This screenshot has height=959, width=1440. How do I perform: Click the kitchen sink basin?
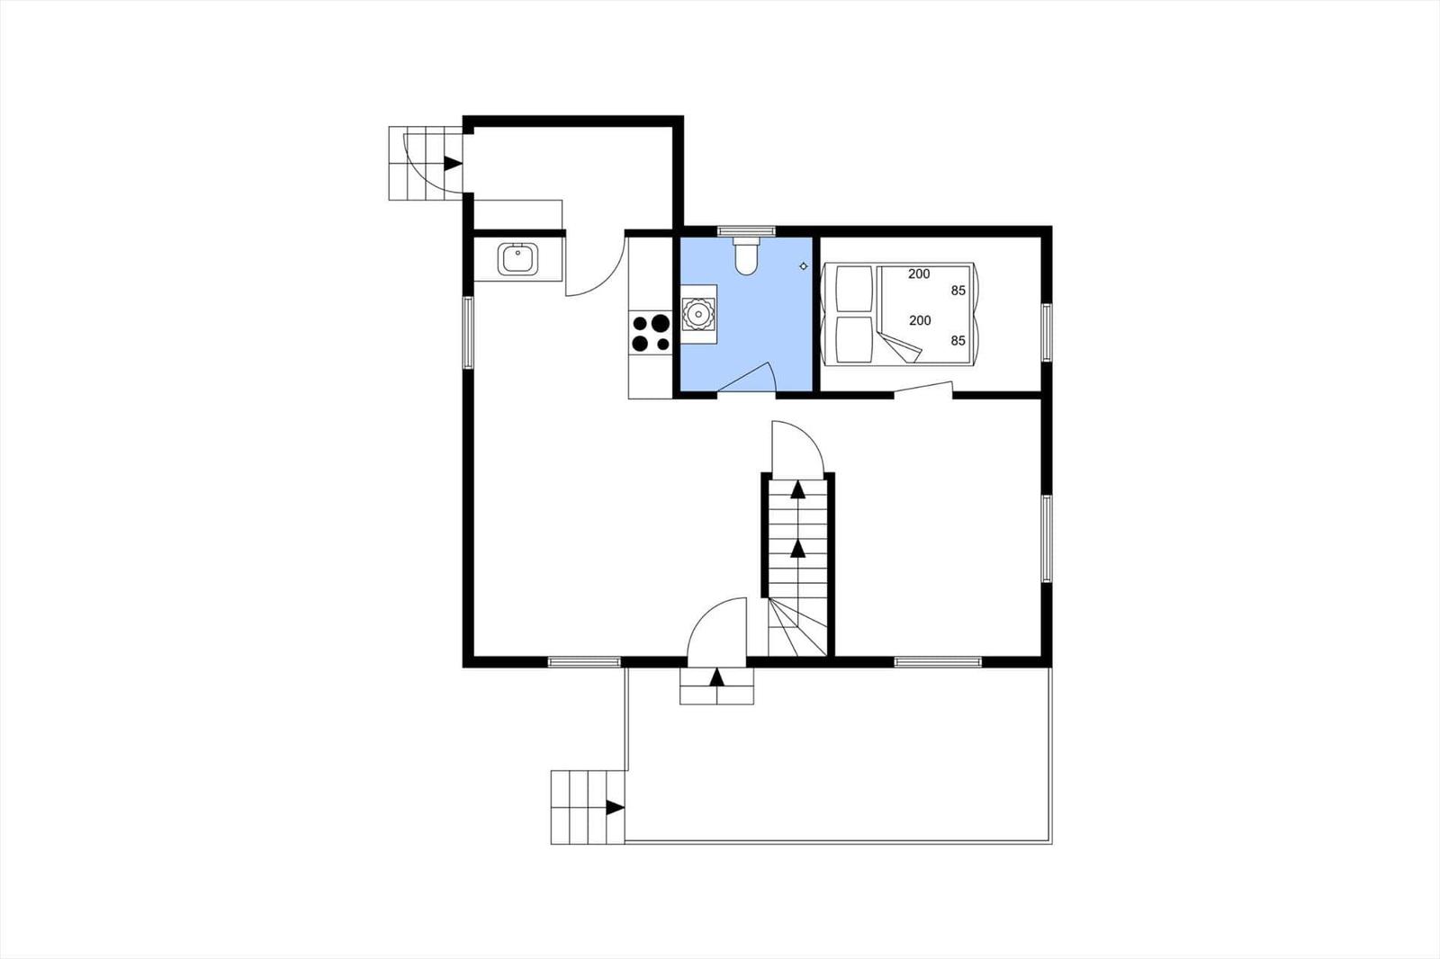[517, 259]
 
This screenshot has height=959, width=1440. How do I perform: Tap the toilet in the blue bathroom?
[746, 256]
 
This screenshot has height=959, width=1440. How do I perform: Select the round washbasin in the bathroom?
[698, 314]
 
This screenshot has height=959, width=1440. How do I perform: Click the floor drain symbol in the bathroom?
[804, 266]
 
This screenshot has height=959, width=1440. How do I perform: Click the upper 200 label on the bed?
[919, 273]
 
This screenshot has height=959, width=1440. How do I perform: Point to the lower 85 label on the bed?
[958, 341]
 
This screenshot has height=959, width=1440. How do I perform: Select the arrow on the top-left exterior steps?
[453, 163]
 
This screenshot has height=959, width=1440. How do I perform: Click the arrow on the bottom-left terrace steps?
[616, 808]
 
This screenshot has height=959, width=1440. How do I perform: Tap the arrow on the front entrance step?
[716, 677]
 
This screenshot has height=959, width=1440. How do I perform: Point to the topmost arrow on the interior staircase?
[797, 489]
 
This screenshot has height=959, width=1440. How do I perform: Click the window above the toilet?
[746, 230]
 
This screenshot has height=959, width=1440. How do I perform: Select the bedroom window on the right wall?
[1047, 332]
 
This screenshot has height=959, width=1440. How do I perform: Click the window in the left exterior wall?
[468, 333]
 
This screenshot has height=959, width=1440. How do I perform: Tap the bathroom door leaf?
[744, 377]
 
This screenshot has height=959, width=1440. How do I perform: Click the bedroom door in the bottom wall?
[923, 389]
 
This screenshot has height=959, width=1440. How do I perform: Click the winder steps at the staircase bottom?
[797, 627]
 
